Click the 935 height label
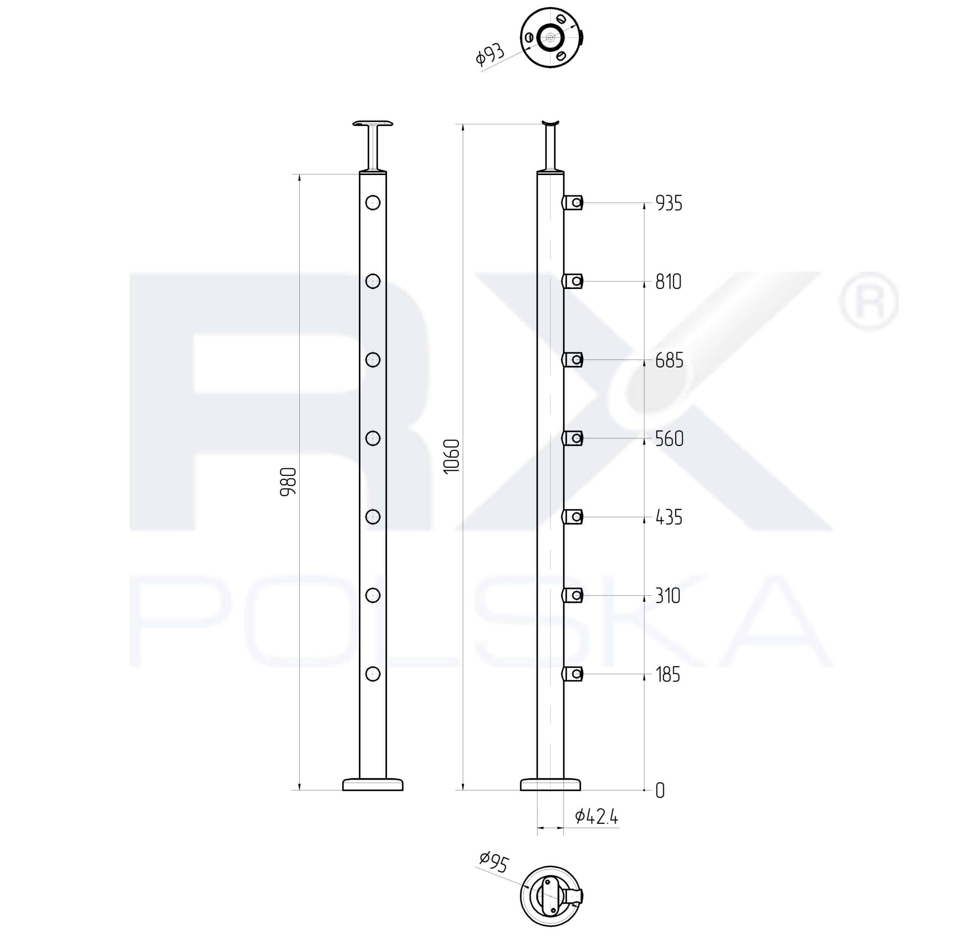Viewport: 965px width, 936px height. tap(669, 203)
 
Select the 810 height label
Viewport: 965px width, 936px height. tap(668, 282)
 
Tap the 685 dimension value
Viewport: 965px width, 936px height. tap(669, 361)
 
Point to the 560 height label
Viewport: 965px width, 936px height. tap(669, 439)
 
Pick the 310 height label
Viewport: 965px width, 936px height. tap(668, 596)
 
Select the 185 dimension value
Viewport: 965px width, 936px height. tap(668, 675)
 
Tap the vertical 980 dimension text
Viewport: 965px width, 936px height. tap(288, 482)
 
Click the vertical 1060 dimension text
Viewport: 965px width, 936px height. tap(452, 456)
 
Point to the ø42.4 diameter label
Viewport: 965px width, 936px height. tap(596, 817)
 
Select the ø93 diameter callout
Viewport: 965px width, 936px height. tap(490, 55)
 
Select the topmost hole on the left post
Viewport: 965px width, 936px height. tap(373, 203)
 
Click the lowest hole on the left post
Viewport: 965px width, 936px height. tap(373, 674)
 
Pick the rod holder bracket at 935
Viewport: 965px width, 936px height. tap(573, 203)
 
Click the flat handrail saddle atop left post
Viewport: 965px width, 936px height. tap(373, 123)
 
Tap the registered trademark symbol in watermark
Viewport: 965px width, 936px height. tap(869, 301)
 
